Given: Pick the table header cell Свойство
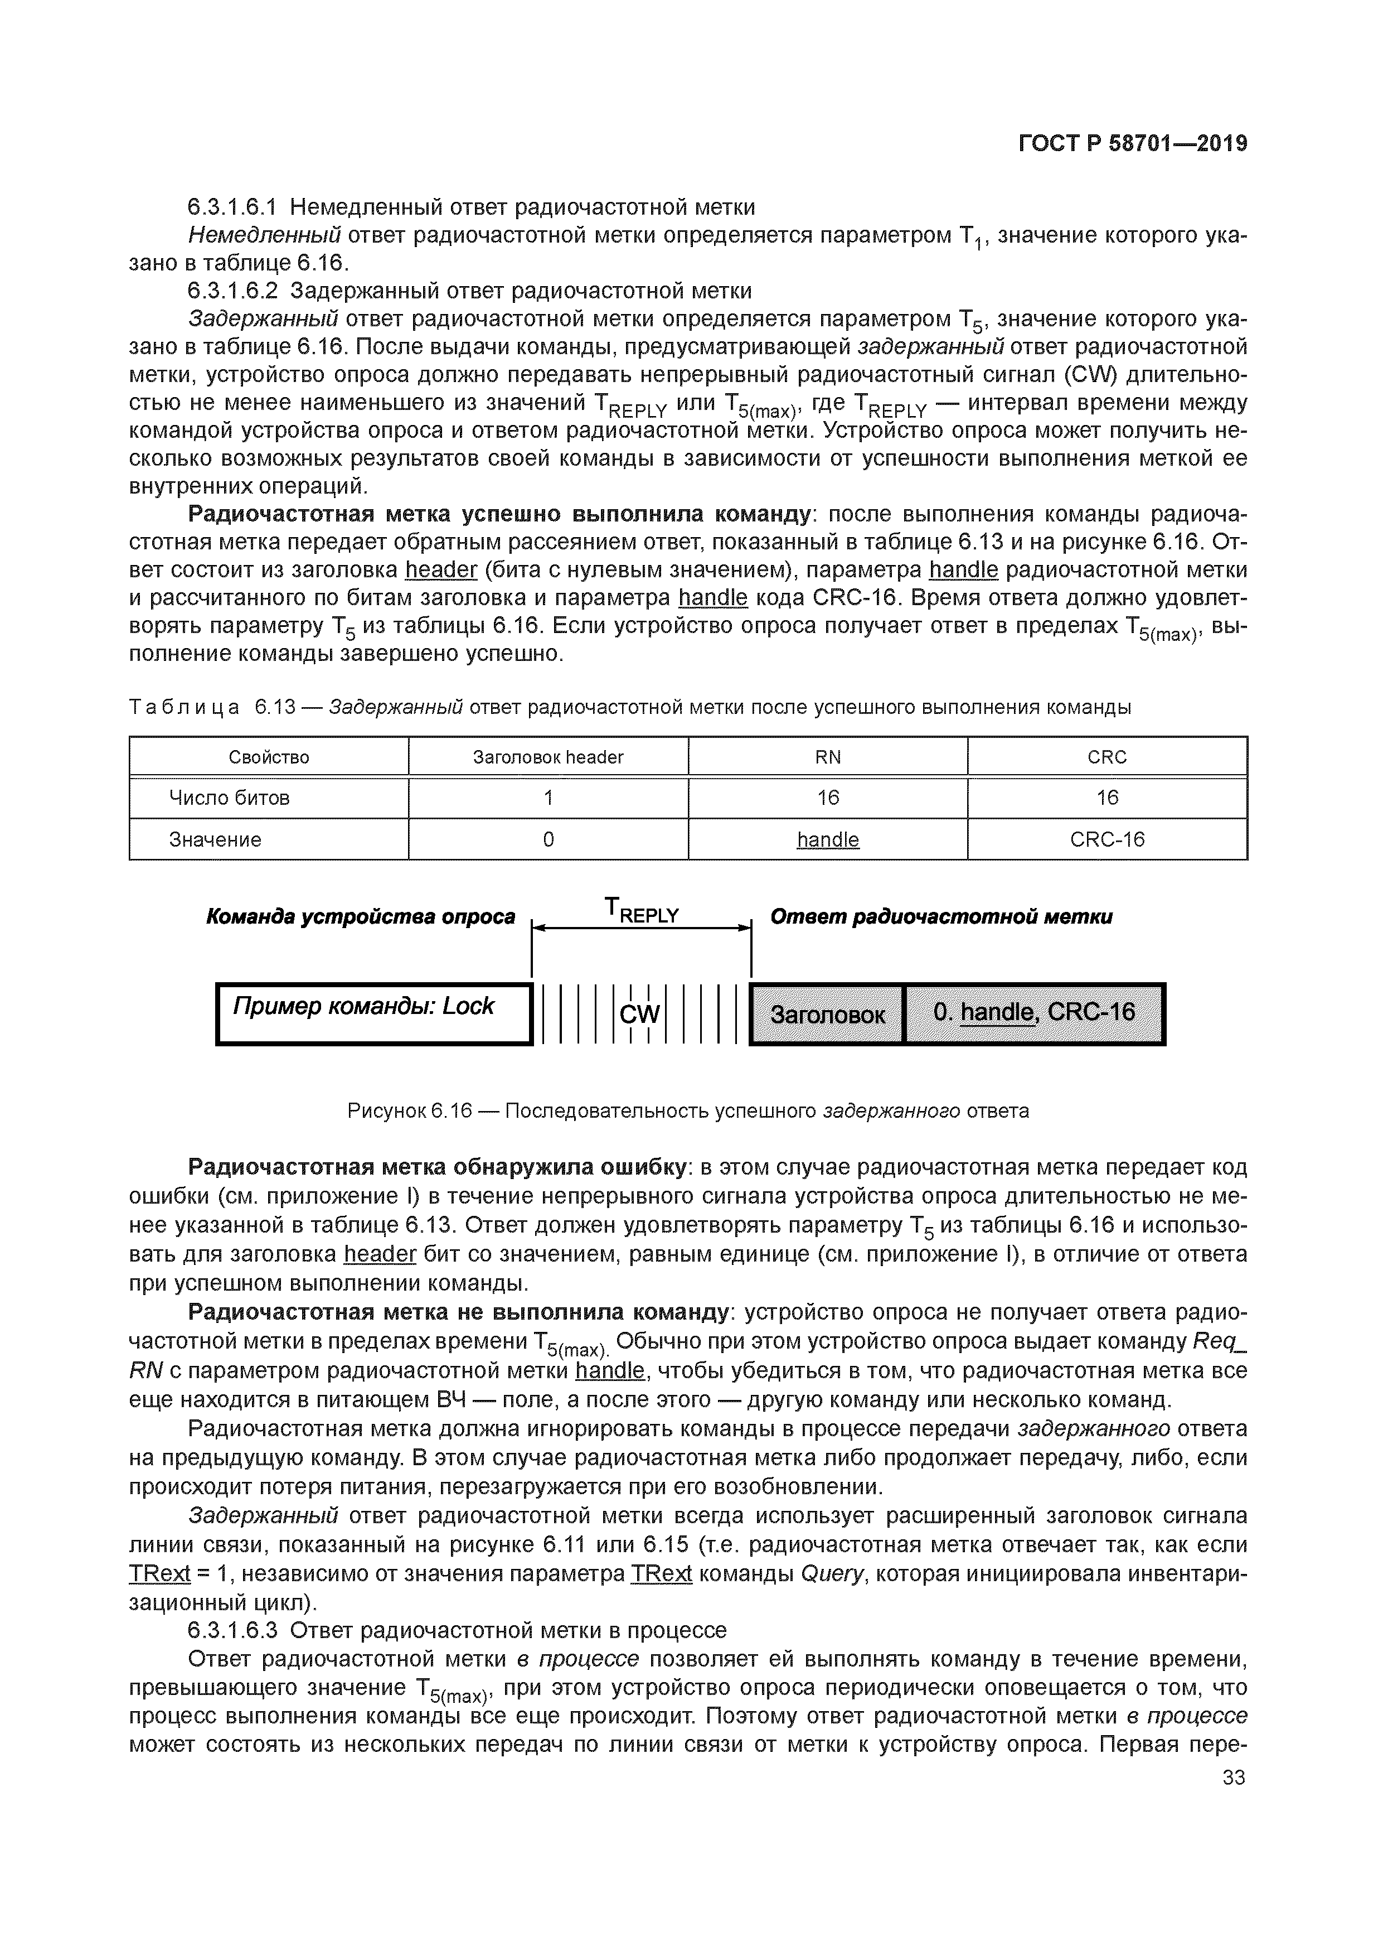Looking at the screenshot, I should click(x=269, y=756).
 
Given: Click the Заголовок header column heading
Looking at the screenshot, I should click(x=547, y=756).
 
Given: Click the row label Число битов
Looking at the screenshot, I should click(x=229, y=798).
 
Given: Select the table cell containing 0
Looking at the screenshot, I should click(x=547, y=839).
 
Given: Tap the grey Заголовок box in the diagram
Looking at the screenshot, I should click(x=827, y=1014).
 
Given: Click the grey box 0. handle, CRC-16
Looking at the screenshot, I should click(x=1034, y=1012).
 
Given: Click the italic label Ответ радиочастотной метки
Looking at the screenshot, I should click(x=941, y=917).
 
